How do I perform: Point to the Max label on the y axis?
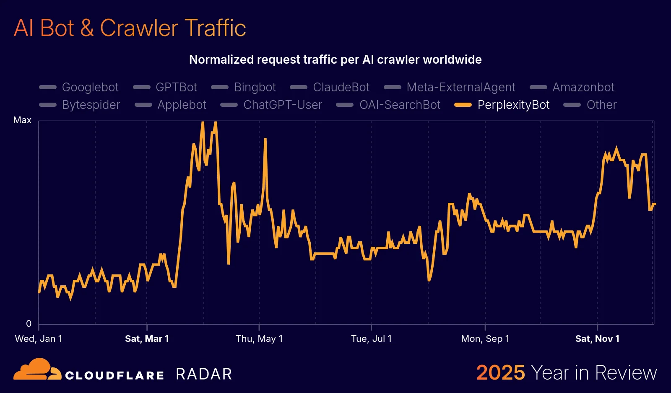point(22,120)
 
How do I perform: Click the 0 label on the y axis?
point(29,323)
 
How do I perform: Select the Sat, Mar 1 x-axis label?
point(147,339)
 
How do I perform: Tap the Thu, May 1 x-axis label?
point(259,339)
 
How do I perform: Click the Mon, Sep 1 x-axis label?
point(485,339)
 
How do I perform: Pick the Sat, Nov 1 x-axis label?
point(597,339)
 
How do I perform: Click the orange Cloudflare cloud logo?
point(37,370)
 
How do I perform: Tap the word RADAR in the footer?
point(204,374)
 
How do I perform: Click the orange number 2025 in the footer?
point(500,372)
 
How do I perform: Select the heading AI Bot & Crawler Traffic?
point(130,28)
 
